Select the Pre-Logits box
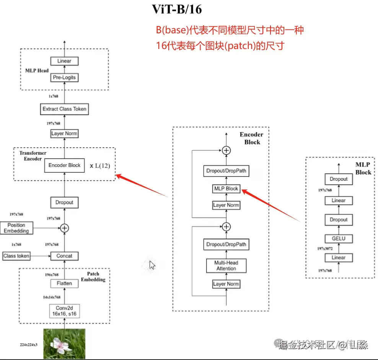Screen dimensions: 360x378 (64, 77)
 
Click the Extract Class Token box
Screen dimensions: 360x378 (64, 109)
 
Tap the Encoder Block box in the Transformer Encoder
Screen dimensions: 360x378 (64, 165)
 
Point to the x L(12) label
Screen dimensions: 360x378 (102, 166)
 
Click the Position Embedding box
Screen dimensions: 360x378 (16, 228)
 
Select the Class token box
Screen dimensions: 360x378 (16, 256)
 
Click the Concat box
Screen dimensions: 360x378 (64, 256)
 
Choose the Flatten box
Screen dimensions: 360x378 (64, 283)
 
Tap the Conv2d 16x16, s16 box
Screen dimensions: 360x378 (64, 311)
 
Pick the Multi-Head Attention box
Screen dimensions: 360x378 (226, 265)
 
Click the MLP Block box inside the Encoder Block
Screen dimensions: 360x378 (226, 188)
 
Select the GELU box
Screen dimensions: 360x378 (339, 239)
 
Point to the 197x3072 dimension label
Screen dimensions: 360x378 (325, 249)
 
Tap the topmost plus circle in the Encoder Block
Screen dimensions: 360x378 (226, 150)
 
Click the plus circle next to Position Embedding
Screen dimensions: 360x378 (64, 228)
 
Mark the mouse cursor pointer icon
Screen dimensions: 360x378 (152, 265)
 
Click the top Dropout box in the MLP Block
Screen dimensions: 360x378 (339, 179)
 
